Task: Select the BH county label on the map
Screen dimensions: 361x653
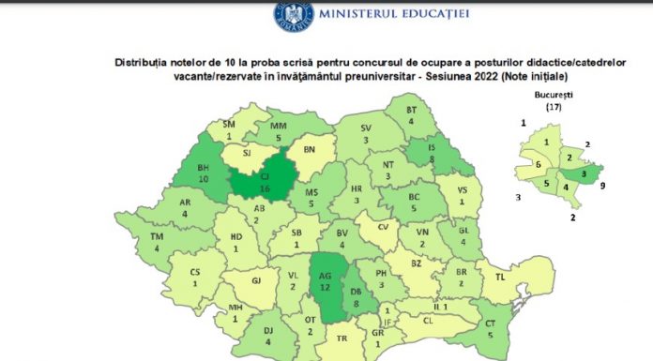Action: point(203,173)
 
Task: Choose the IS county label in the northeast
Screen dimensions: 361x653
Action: point(433,154)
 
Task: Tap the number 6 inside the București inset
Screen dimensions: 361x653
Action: point(538,164)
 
